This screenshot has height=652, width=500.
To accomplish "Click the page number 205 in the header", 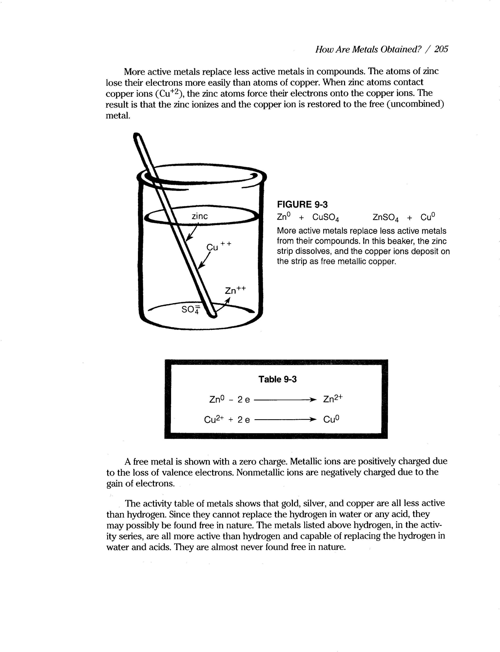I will click(x=441, y=49).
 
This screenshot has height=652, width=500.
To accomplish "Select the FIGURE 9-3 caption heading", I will click(x=302, y=204).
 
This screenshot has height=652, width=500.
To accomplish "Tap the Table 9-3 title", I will click(x=277, y=379).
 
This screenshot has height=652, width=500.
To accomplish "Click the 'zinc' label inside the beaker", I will click(x=199, y=216).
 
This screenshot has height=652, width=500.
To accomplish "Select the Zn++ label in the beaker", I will click(x=235, y=290).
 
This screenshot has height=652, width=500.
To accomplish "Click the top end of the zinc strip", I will click(x=138, y=137).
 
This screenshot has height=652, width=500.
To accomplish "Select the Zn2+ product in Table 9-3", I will click(x=333, y=399).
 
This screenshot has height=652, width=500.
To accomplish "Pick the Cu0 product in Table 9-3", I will click(x=331, y=419).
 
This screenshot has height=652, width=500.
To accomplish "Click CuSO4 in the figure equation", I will click(x=326, y=218).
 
